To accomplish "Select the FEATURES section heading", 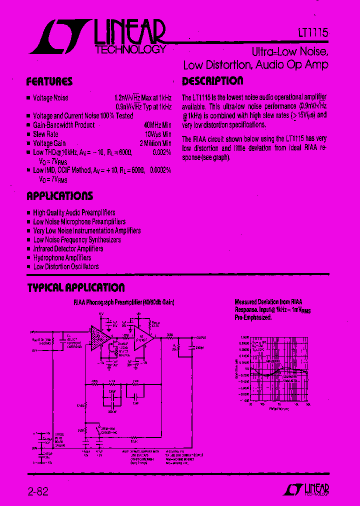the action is [x=49, y=81].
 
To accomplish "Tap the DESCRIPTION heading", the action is [x=212, y=81].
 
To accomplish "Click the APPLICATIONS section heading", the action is [x=59, y=196].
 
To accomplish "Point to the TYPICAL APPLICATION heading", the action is [x=76, y=287].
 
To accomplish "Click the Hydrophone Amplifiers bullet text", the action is [x=62, y=258].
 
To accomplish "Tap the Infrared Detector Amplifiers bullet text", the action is [x=68, y=249].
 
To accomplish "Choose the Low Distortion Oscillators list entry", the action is [x=65, y=267].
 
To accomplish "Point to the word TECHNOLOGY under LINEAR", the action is [x=130, y=49].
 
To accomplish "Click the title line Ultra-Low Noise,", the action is [x=289, y=52].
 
